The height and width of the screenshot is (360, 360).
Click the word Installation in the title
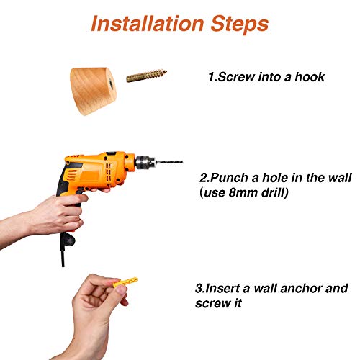pos(148,24)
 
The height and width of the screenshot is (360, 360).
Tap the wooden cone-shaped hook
pos(93,91)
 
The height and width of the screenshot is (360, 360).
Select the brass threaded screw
pos(146,76)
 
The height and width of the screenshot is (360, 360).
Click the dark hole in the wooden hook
pos(111,84)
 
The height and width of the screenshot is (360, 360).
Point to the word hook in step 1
pos(310,77)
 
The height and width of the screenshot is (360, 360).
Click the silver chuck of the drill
pos(145,163)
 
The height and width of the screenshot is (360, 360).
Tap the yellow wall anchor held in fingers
pos(125,282)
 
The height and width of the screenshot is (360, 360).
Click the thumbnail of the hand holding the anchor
pos(120,289)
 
